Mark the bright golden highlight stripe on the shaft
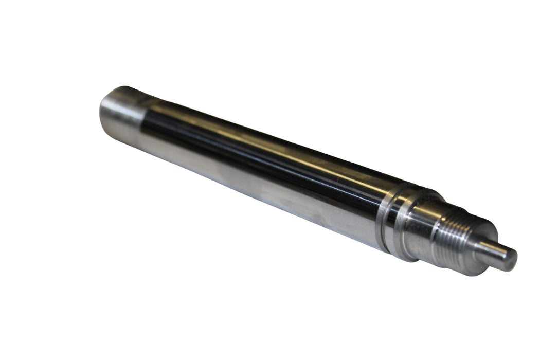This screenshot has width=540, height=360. pos(267,149)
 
